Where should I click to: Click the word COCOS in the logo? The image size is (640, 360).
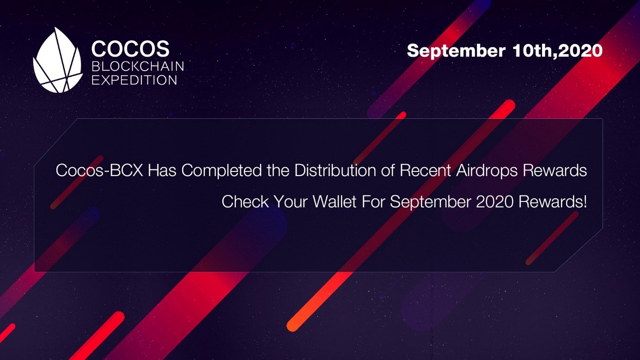(x=130, y=49)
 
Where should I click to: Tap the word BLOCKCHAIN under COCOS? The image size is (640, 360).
(x=138, y=67)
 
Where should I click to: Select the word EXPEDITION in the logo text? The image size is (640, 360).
(x=134, y=80)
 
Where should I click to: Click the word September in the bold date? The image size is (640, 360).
(x=456, y=51)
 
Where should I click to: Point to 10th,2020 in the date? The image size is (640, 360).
(x=557, y=51)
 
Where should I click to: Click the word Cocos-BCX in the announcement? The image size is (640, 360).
(x=99, y=170)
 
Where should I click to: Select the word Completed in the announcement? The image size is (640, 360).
(x=221, y=171)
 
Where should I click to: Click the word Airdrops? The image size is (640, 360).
(x=487, y=171)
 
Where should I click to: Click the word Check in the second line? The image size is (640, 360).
(x=245, y=201)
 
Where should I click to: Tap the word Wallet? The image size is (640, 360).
(x=335, y=201)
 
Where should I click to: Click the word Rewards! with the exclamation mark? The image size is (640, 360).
(x=553, y=201)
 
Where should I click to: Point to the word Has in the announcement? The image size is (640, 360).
(x=162, y=170)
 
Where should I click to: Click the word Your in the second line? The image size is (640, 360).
(x=291, y=201)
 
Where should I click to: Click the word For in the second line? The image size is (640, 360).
(x=373, y=201)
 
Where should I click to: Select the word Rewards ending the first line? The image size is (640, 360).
(x=555, y=170)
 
